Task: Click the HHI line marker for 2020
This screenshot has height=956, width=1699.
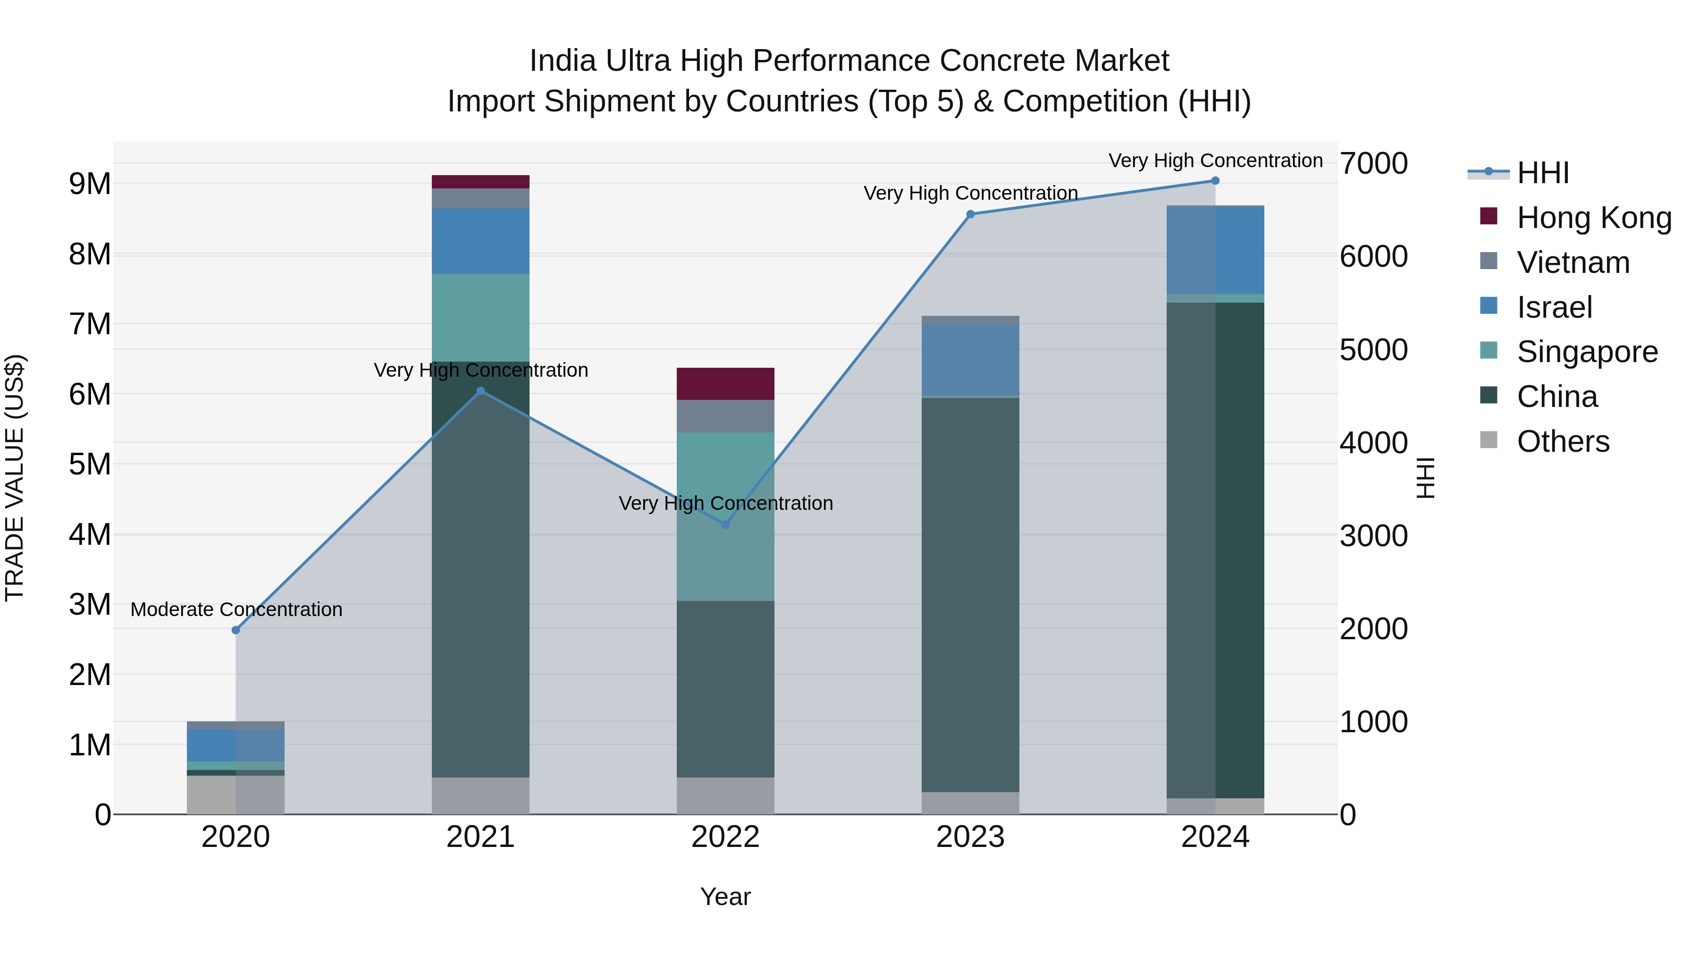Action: coord(236,630)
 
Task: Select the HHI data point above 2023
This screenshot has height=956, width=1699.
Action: coord(970,214)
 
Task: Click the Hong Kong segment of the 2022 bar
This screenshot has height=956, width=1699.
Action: coord(725,384)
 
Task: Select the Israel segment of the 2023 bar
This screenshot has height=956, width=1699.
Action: coord(970,360)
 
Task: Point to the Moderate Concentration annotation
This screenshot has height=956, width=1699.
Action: coord(236,609)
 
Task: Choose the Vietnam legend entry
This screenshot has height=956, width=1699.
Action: coord(1573,262)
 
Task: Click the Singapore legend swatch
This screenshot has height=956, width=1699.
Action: coord(1489,351)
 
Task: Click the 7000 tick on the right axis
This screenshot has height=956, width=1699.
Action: coord(1373,164)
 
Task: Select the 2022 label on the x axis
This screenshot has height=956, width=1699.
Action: coord(725,837)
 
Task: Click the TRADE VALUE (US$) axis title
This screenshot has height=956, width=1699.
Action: coord(15,478)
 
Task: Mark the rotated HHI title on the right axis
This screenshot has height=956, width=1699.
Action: coord(1426,478)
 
